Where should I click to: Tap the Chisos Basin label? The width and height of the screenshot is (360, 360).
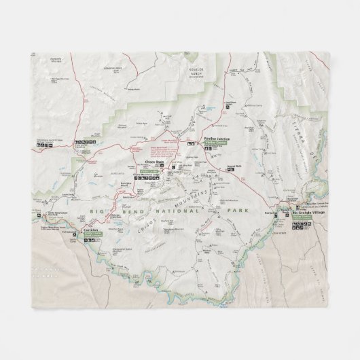pyautogui.click(x=156, y=162)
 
